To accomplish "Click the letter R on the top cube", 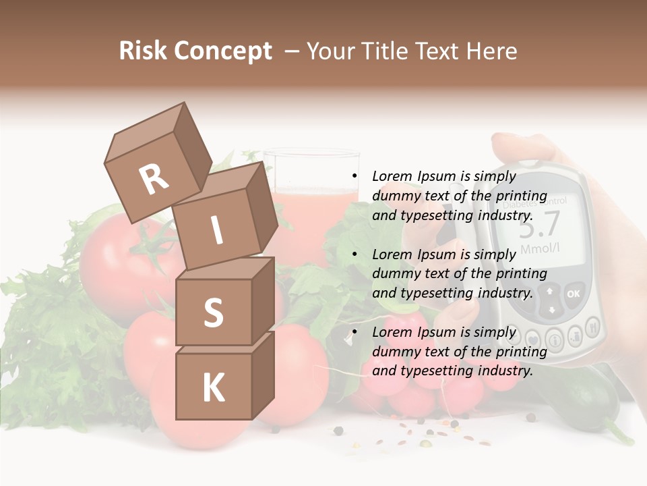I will click(x=154, y=179).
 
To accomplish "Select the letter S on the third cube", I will click(x=213, y=313).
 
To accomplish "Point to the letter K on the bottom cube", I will click(x=213, y=388).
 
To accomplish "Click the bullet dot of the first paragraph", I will click(x=354, y=176).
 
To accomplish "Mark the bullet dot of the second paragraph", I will click(x=354, y=254).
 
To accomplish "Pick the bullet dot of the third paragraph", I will click(x=354, y=332).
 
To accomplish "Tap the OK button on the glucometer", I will click(x=574, y=294).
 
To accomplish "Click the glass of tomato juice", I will click(x=310, y=202).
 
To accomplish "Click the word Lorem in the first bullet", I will click(x=392, y=176).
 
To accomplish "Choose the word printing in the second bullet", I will click(x=522, y=273).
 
